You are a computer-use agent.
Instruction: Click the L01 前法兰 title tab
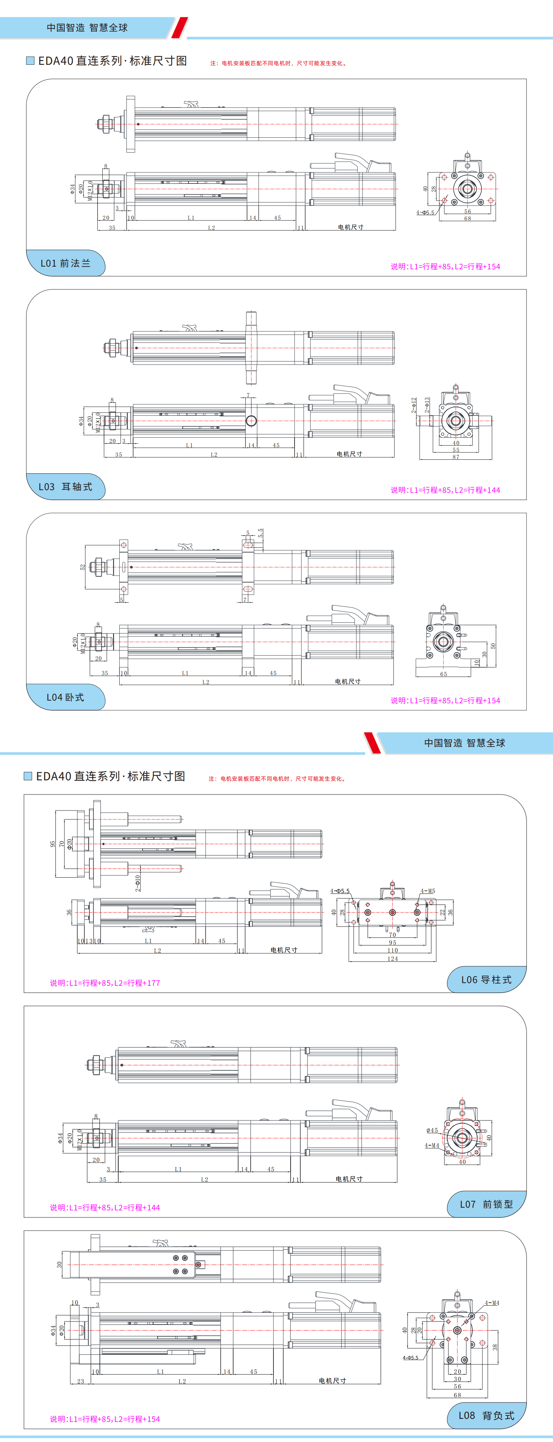[x=66, y=263]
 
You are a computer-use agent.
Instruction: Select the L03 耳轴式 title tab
[x=66, y=486]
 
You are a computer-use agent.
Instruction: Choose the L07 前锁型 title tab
[x=486, y=1204]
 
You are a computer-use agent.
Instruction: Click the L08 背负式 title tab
[x=486, y=1415]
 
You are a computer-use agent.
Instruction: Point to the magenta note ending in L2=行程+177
[x=105, y=982]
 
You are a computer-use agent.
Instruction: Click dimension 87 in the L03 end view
[x=455, y=457]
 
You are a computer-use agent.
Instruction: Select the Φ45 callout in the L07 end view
[x=432, y=1130]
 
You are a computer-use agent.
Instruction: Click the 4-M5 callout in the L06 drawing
[x=428, y=891]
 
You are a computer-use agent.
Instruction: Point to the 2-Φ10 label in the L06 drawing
[x=138, y=883]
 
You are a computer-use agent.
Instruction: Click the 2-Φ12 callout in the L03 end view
[x=414, y=405]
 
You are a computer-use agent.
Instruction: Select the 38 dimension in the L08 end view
[x=495, y=1347]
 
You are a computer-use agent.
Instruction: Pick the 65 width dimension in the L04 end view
[x=443, y=674]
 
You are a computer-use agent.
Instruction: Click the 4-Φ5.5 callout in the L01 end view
[x=425, y=213]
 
